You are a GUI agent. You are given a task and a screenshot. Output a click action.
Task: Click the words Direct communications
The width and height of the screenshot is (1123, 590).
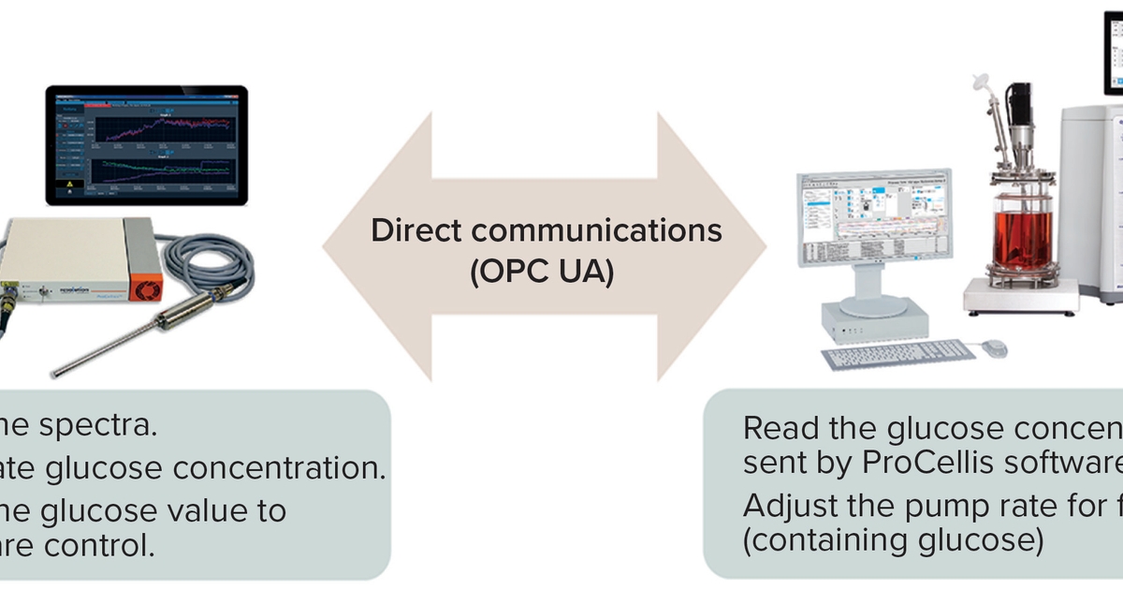pyautogui.click(x=546, y=230)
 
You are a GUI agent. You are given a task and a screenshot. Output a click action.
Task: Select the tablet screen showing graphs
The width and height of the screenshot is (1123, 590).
pyautogui.click(x=147, y=144)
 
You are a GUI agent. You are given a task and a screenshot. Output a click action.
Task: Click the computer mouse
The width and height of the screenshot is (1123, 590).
pyautogui.click(x=994, y=347)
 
